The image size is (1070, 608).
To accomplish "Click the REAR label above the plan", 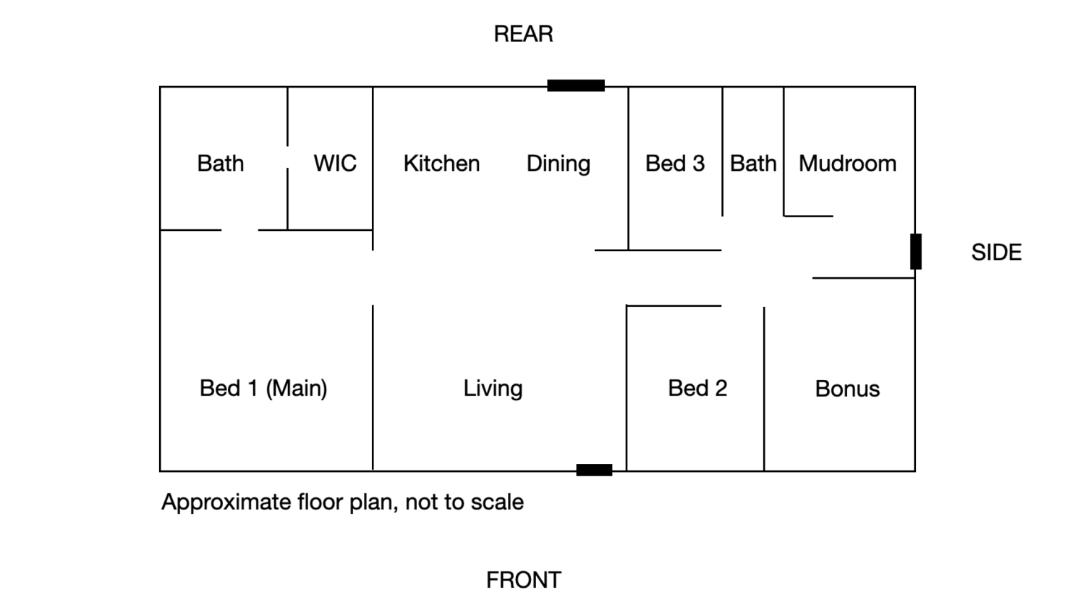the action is coord(524,35).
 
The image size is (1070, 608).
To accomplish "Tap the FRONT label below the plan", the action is coord(524,580).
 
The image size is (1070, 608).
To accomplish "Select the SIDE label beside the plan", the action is coord(996,253).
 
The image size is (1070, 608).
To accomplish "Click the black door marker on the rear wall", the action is coord(576,85).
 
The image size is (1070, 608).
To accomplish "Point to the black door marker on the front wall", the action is coord(594,470).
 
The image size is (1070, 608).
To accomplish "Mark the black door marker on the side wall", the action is coord(916,251).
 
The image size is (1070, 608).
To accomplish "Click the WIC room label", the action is coord(335,164).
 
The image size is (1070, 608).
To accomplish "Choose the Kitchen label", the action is coord(441,164).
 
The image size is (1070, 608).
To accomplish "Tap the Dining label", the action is coord(559,164).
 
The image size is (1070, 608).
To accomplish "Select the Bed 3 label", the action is coord(675,164).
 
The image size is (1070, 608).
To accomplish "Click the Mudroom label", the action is coord(847,164).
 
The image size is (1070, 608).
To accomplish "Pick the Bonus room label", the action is coord(847,389).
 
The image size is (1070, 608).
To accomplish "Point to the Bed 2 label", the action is coord(697,388).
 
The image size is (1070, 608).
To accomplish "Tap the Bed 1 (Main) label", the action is coord(263,389).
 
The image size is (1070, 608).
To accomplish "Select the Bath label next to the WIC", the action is coord(220,164).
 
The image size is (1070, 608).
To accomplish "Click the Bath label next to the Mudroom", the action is coord(753,164).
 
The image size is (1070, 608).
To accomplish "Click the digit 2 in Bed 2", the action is coord(721,388).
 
